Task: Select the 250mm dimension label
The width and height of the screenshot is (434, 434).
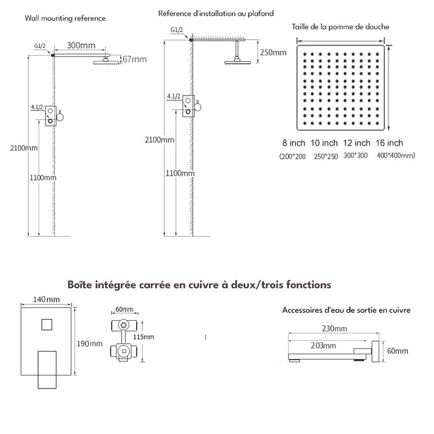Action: (272, 52)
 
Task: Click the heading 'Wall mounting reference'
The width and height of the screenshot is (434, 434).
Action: (65, 18)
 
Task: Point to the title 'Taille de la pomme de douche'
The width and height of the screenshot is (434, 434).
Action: (340, 27)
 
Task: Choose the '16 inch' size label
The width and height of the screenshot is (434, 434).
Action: (389, 143)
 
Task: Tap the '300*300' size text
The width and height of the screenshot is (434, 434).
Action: (356, 156)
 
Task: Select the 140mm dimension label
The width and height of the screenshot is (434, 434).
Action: (46, 299)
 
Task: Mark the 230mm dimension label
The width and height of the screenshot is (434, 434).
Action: (334, 329)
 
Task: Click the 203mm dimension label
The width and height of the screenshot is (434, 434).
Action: (323, 346)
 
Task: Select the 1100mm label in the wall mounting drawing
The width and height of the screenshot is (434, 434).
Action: (43, 177)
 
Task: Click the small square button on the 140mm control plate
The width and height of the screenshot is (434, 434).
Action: (46, 325)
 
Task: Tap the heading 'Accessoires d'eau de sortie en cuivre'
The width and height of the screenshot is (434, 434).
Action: (346, 310)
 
